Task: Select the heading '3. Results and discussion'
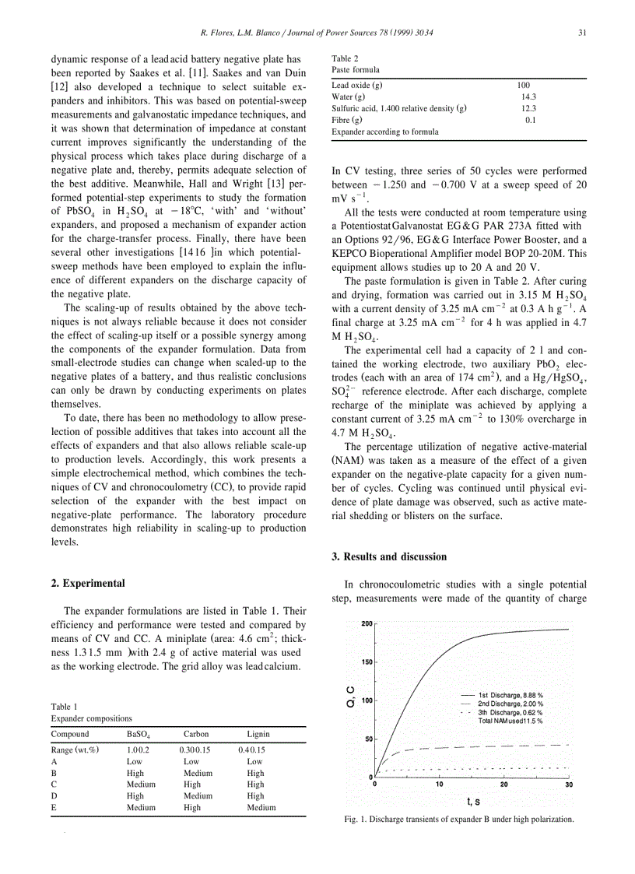point(389,556)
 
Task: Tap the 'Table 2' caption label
point(344,58)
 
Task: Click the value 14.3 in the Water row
point(528,97)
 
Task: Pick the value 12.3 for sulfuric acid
point(528,109)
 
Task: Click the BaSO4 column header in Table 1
point(139,734)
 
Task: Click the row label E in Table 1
point(54,808)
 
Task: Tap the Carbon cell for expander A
point(191,761)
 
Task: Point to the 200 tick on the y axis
point(367,623)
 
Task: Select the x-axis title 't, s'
point(472,801)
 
